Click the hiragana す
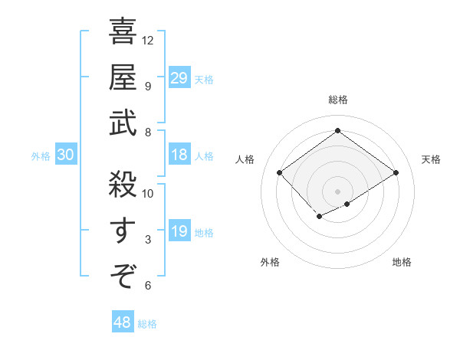click(x=123, y=230)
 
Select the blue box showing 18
click(x=179, y=155)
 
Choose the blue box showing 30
click(x=66, y=155)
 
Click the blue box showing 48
click(x=123, y=322)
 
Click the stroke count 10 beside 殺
click(x=148, y=193)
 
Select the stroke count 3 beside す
click(x=148, y=240)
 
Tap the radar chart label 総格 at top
click(x=337, y=100)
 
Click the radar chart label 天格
click(x=431, y=159)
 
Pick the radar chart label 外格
click(x=270, y=262)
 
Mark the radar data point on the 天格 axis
click(x=396, y=172)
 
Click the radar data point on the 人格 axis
click(x=280, y=173)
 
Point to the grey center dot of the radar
click(x=337, y=191)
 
